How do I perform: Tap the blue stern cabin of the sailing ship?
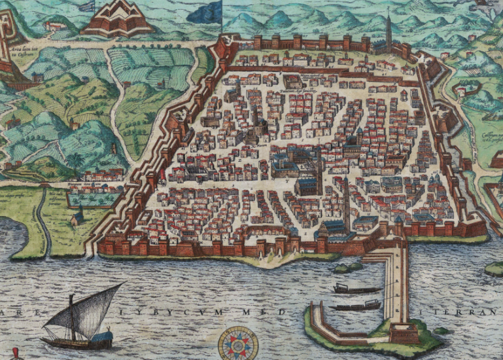click(x=103, y=338)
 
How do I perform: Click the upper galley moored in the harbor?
click(x=356, y=289)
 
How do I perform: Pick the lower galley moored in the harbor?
click(x=356, y=306)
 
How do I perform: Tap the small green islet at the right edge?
click(x=494, y=268)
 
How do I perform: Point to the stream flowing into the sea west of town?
click(x=43, y=223)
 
